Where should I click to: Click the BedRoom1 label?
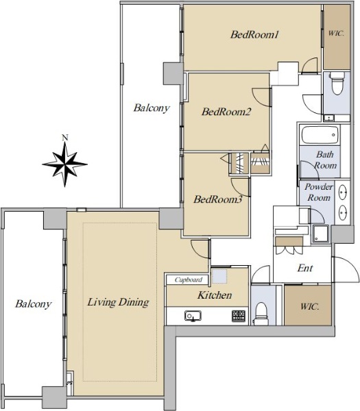click(254, 35)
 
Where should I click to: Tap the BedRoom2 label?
click(226, 112)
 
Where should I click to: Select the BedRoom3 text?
click(218, 199)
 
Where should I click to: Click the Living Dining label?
click(118, 302)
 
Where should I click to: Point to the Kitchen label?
click(215, 295)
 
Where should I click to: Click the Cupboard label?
click(189, 280)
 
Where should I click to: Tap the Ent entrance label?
click(305, 268)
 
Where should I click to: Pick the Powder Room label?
click(319, 192)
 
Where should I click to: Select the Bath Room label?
click(325, 160)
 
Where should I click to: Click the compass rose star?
click(65, 164)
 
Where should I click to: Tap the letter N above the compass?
click(65, 138)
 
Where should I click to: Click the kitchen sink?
click(193, 316)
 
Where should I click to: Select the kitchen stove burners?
click(239, 316)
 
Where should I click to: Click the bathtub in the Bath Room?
click(320, 135)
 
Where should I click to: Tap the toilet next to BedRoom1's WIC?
click(337, 83)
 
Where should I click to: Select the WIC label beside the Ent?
click(310, 306)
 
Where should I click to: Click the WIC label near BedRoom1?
click(336, 34)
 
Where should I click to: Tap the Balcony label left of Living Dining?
click(34, 304)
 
